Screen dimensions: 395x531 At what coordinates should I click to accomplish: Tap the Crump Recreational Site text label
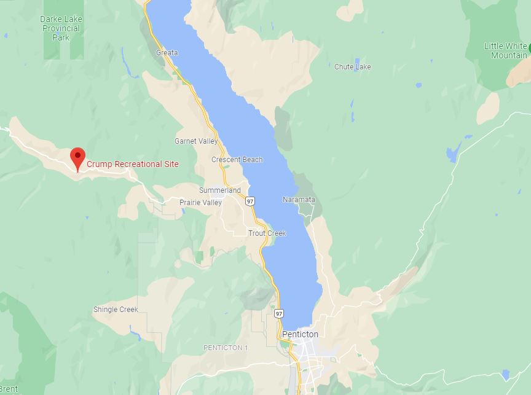click(x=133, y=164)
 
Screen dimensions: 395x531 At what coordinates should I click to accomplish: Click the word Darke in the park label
click(x=52, y=19)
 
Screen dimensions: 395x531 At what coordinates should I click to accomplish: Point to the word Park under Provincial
click(x=61, y=37)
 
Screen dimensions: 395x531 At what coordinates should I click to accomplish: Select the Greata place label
click(x=167, y=53)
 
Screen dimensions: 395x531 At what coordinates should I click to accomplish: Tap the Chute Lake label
click(x=353, y=66)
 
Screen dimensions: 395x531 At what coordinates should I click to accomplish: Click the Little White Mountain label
click(x=505, y=50)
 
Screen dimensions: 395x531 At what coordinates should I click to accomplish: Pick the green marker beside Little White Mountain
click(x=529, y=47)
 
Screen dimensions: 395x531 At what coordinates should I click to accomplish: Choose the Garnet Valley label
click(x=196, y=141)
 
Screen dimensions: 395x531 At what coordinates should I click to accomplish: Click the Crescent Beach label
click(x=237, y=160)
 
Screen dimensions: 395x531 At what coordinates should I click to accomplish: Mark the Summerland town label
click(x=219, y=190)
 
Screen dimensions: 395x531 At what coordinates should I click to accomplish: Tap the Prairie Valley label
click(x=200, y=203)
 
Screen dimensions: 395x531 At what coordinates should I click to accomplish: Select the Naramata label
click(x=299, y=200)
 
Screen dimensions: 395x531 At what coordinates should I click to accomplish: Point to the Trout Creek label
click(x=267, y=233)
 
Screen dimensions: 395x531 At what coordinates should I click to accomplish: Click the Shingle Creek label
click(x=116, y=310)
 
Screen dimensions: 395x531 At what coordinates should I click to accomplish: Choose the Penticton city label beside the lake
click(x=300, y=334)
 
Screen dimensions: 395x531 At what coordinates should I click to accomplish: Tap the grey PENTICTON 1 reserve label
click(x=226, y=348)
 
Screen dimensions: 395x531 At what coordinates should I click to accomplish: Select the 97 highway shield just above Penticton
click(x=280, y=313)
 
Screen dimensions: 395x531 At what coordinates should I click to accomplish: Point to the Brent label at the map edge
click(x=9, y=389)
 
